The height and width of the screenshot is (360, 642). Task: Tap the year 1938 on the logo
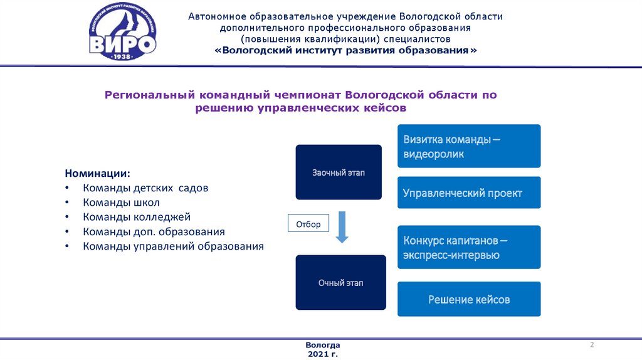tap(123, 56)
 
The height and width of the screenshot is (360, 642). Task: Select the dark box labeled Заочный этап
tap(339, 172)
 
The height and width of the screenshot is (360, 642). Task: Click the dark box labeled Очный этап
tap(340, 282)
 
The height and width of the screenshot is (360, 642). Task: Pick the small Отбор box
tap(308, 224)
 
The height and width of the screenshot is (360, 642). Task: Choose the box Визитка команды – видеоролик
tap(469, 146)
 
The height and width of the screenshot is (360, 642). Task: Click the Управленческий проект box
tap(469, 193)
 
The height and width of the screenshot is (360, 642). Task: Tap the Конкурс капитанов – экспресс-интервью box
tap(469, 248)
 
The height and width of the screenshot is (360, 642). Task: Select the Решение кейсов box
tap(469, 299)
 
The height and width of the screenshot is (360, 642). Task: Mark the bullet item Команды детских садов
tap(145, 188)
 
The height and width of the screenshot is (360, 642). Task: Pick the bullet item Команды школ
tap(121, 203)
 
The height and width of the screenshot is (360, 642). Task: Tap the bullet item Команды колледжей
tap(136, 217)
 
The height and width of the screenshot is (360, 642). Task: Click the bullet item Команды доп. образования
tap(154, 231)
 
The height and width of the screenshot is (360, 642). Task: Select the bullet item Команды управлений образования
tap(173, 246)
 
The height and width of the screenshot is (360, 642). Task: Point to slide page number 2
tap(592, 346)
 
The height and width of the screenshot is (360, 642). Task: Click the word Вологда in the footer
tap(323, 346)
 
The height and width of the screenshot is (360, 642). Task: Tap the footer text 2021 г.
tap(323, 354)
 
